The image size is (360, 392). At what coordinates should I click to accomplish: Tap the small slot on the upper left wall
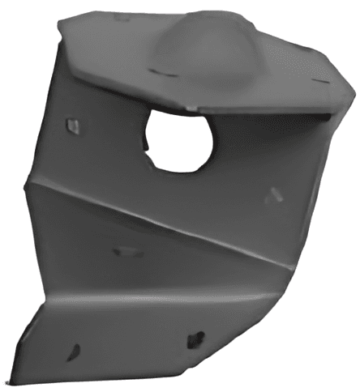point(73,126)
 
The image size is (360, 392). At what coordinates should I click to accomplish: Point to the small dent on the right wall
point(275,194)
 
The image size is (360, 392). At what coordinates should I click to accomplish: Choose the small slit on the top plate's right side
point(319,79)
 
